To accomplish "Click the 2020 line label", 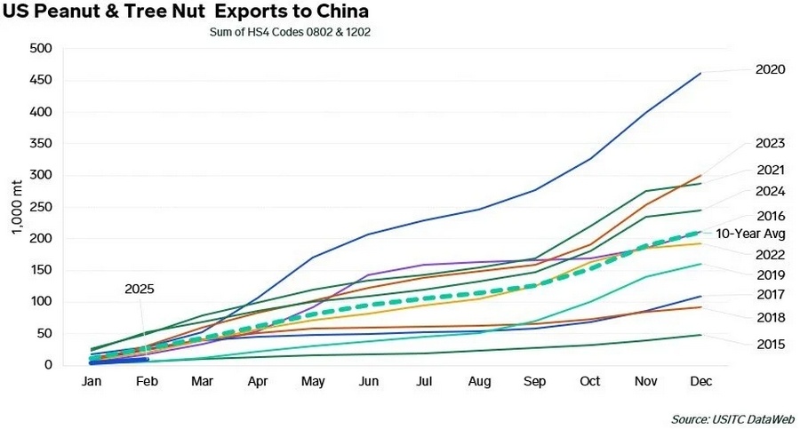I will [770, 68].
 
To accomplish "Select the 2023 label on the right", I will [770, 144].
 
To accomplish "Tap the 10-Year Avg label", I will [764, 234].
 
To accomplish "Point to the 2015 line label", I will [770, 343].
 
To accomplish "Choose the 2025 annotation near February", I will [140, 290].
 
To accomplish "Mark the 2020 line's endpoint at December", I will [700, 74].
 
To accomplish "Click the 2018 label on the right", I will [770, 316].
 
